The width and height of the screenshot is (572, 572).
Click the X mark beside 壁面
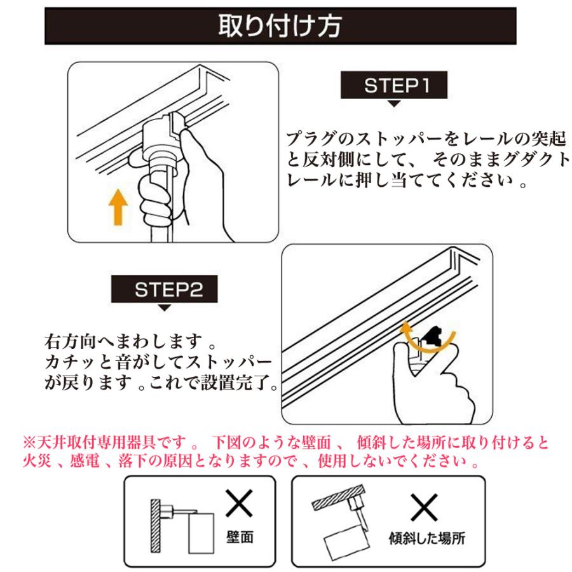pyautogui.click(x=240, y=507)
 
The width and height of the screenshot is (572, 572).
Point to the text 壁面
pyautogui.click(x=240, y=537)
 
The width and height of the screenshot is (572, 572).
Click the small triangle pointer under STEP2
pyautogui.click(x=165, y=308)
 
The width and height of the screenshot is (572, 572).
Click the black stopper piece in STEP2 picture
pyautogui.click(x=434, y=335)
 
